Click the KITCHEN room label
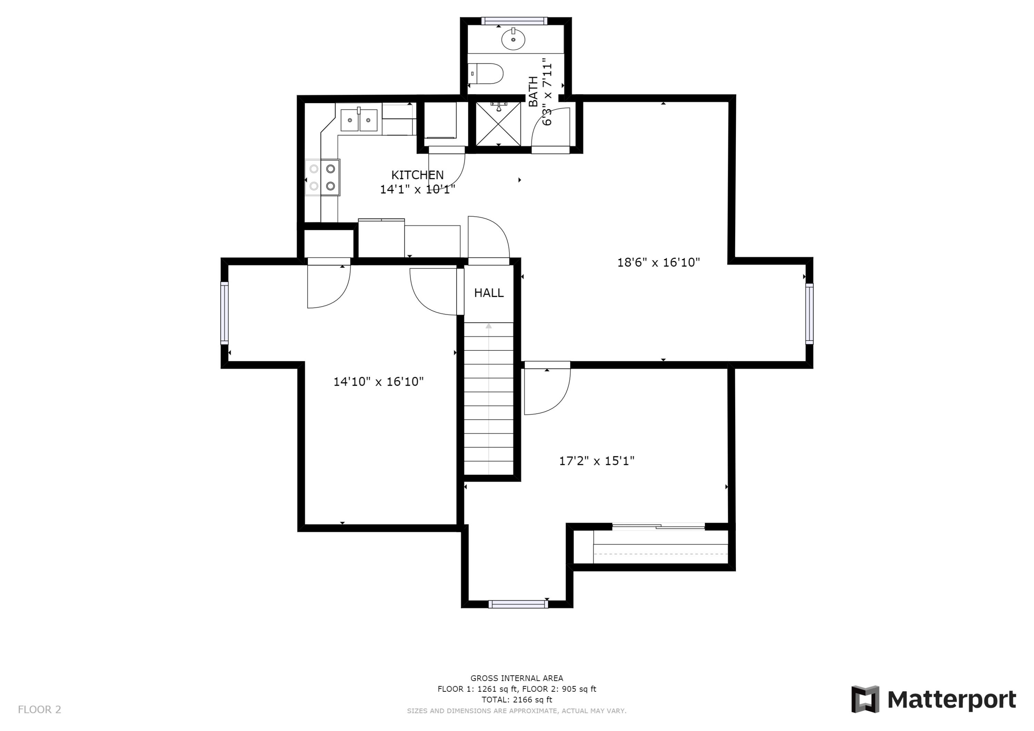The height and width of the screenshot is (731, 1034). tap(417, 175)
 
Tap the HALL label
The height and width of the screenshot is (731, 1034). tap(489, 293)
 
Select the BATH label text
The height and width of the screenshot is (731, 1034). tap(533, 92)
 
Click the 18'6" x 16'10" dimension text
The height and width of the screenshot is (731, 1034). tap(658, 263)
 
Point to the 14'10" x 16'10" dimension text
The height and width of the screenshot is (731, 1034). tap(378, 382)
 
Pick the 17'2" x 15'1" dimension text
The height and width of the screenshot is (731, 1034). tap(596, 461)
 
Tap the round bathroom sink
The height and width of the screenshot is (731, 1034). tap(513, 39)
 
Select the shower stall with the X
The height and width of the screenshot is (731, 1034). tap(498, 124)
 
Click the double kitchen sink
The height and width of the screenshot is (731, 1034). tap(358, 120)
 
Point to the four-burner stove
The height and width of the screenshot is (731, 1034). tap(323, 177)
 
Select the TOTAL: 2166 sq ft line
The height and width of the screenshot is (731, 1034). tap(517, 700)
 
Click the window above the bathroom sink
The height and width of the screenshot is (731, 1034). tap(514, 21)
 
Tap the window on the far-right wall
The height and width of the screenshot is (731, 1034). tap(809, 314)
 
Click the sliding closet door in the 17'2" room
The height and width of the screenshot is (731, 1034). tap(658, 526)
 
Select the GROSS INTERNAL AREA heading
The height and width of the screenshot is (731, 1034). tap(517, 678)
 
